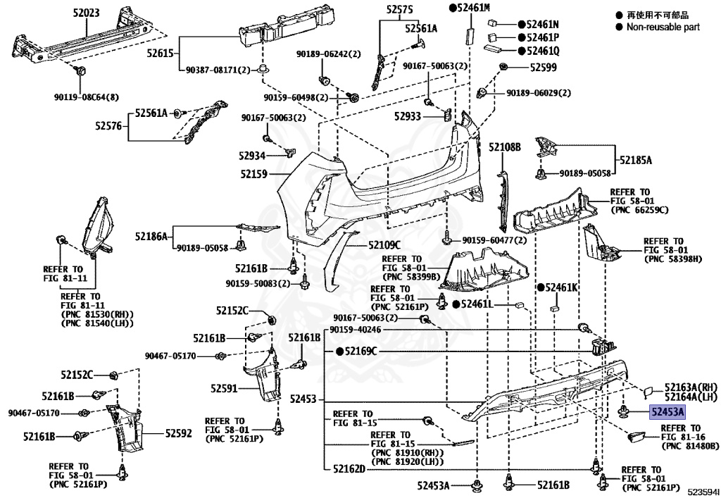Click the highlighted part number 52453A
point(667,411)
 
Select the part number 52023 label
point(86,13)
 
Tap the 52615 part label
point(161,54)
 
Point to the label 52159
point(253,174)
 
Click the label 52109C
point(385,246)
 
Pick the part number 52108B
point(504,147)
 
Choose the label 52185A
point(636,161)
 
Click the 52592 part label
point(178,433)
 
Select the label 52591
point(224,389)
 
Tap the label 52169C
point(361,351)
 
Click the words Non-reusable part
point(663,27)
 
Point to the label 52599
point(543,68)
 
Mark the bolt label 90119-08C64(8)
point(86,97)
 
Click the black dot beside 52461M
point(453,7)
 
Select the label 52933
point(408,116)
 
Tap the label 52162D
point(349,469)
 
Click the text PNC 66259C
point(639,210)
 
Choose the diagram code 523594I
point(703,492)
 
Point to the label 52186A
point(151,237)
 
